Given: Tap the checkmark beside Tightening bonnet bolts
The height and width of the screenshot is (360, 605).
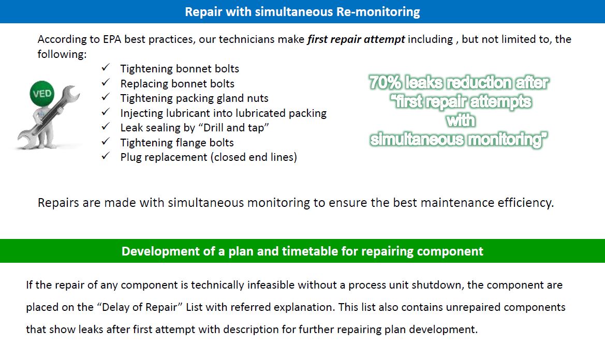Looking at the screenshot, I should tap(106, 68).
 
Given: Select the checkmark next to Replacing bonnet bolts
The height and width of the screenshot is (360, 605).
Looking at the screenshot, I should tap(106, 83).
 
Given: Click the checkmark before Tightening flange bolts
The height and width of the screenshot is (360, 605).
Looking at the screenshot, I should tap(106, 142).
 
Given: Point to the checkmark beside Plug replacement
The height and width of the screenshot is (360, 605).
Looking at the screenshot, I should tap(106, 156).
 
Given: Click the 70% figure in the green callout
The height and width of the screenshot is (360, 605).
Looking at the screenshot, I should tap(386, 83).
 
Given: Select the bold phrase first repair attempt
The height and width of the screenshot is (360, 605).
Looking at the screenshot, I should tap(356, 39).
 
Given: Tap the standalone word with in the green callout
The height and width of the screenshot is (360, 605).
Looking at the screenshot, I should tap(460, 121).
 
